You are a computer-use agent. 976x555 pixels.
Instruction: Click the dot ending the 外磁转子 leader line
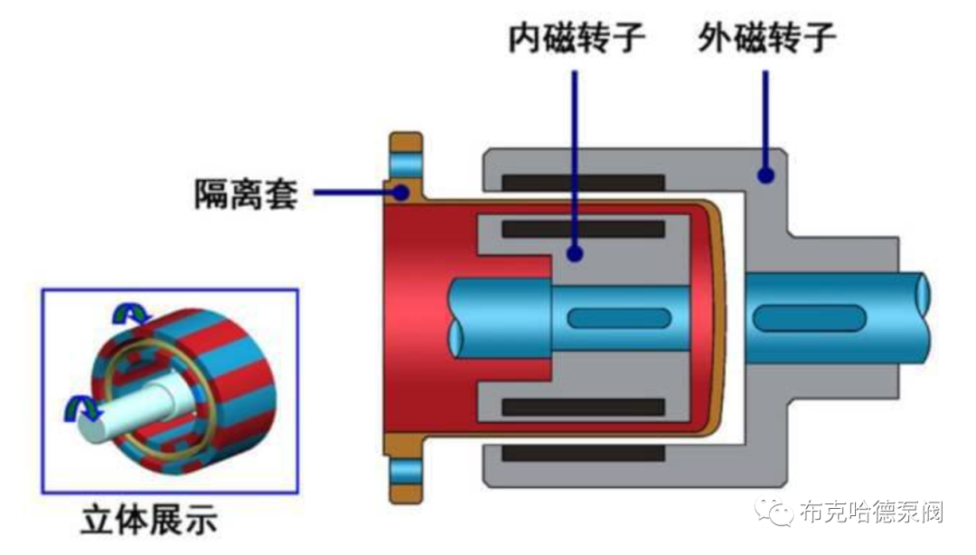coord(766,174)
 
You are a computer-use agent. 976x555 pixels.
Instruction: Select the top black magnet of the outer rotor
coord(584,183)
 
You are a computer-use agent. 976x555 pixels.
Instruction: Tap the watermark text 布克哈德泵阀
coord(871,513)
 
